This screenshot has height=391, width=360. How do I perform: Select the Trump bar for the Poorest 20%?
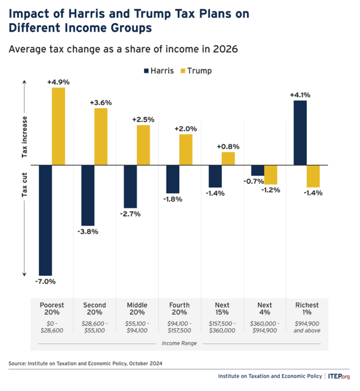click(58, 126)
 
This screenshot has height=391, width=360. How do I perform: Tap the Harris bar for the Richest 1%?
click(300, 133)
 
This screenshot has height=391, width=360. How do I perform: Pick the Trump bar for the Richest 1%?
click(313, 176)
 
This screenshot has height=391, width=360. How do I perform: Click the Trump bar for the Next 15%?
click(228, 158)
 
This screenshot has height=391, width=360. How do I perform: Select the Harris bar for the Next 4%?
click(258, 170)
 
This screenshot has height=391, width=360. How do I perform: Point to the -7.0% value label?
click(46, 282)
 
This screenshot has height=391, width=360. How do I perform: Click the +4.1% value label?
click(300, 95)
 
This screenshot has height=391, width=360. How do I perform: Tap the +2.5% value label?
click(144, 119)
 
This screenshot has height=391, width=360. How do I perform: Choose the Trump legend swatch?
click(183, 71)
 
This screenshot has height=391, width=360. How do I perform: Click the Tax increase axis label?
click(25, 137)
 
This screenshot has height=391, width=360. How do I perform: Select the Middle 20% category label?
click(137, 309)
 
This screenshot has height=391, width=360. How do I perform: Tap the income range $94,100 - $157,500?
click(180, 327)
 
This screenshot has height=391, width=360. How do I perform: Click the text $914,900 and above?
click(307, 327)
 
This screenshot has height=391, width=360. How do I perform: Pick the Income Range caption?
click(179, 343)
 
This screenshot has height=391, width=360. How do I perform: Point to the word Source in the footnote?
click(17, 363)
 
